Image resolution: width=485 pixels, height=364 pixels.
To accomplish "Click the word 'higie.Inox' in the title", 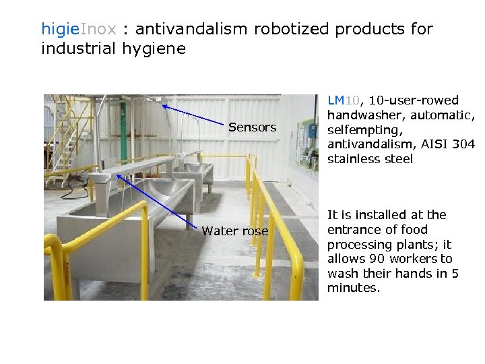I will pos(79,30).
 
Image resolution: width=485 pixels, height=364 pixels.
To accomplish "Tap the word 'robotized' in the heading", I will pos(292,30).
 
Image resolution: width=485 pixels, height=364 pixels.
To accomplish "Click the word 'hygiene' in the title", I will pos(154,49).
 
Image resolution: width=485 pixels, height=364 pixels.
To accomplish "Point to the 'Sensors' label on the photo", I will pos(252,127).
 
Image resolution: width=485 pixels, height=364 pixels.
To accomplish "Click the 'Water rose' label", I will pos(234,231).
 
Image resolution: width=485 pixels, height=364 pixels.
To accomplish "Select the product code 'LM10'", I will pos(344,100).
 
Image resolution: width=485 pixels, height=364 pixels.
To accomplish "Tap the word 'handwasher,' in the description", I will pos(363,115).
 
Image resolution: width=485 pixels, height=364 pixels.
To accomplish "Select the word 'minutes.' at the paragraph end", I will pos(354,288).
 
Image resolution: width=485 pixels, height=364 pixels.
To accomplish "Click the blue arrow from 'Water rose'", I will pos(158,200).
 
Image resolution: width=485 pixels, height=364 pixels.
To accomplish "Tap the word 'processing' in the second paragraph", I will pos(358,244).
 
